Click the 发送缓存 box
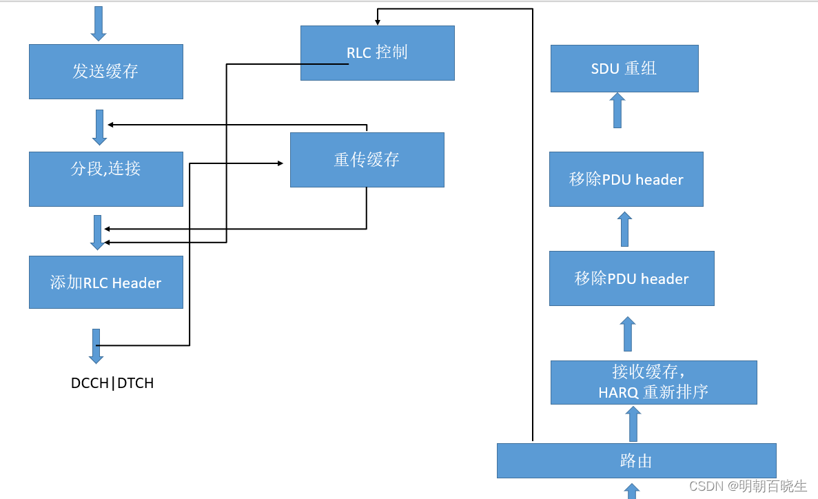(x=105, y=72)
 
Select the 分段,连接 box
(x=105, y=179)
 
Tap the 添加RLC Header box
(x=105, y=282)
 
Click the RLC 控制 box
(x=377, y=53)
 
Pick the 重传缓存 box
(x=367, y=160)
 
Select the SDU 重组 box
(x=624, y=68)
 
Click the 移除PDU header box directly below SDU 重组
(x=626, y=179)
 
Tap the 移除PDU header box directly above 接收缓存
(x=631, y=278)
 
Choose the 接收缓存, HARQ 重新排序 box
(x=653, y=382)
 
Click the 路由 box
(x=636, y=460)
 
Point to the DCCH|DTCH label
(x=112, y=383)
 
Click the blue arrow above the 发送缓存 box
(x=99, y=23)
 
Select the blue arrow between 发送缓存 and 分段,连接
(x=99, y=127)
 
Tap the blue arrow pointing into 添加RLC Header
(x=98, y=232)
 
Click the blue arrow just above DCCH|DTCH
(x=96, y=346)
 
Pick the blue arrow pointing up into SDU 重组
(x=617, y=110)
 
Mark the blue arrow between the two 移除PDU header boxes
(x=624, y=230)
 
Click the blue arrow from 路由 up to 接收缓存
(x=633, y=424)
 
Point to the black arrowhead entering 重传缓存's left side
(x=280, y=163)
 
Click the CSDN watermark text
(x=748, y=486)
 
